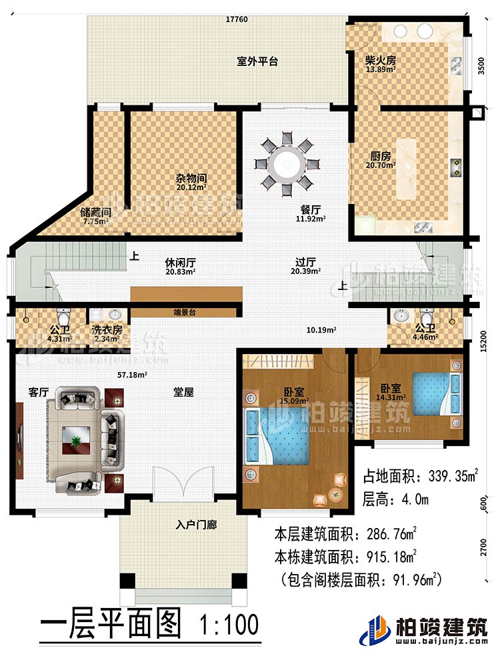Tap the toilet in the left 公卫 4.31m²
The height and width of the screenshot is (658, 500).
(x=63, y=315)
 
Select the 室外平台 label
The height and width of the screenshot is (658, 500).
(x=257, y=61)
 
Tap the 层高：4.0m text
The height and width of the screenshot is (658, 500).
(x=396, y=499)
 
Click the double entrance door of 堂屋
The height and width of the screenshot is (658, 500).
(x=182, y=481)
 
